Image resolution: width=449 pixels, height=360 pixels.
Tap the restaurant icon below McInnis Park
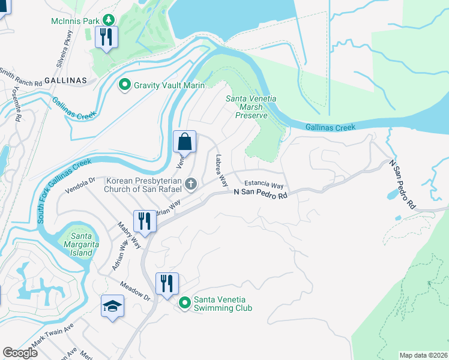pos(106,37)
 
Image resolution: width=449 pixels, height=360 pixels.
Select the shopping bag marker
pos(185,142)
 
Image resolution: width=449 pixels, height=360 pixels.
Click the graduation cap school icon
pos(112,306)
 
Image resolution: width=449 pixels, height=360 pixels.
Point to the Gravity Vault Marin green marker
pos(125,85)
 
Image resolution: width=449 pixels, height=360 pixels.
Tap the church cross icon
pos(191,184)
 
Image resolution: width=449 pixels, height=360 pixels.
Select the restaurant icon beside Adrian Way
pos(145,220)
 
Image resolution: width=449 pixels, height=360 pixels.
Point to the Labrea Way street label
pos(220,171)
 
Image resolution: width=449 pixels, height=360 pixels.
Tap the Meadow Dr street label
pos(133,291)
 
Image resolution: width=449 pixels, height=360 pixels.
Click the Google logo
pos(20,353)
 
